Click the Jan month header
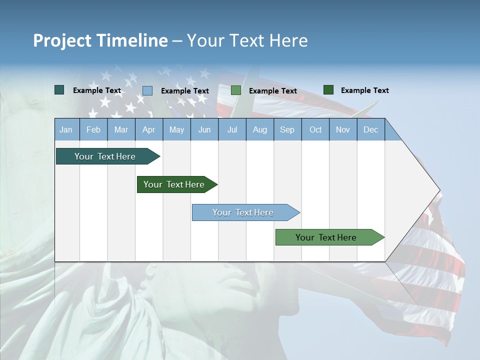point(66,129)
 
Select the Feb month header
point(93,129)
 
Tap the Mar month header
point(121,129)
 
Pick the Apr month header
point(148,129)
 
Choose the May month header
point(176,129)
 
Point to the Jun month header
point(204,129)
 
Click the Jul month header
point(232,129)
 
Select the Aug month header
point(259,129)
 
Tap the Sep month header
point(287,129)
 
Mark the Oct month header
point(315,129)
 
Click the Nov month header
point(342,129)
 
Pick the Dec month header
point(370,129)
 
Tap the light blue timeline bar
point(243,212)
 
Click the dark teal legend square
point(59,90)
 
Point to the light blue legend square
point(147,90)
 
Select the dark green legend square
point(328,90)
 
